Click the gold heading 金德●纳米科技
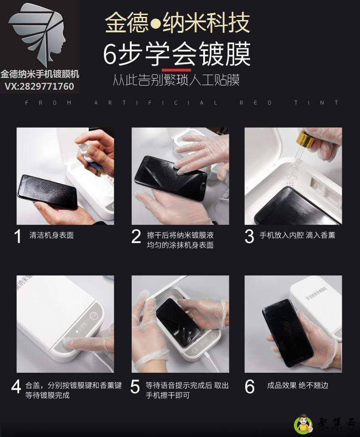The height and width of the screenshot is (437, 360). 177,23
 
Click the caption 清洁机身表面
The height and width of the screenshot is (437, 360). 51,235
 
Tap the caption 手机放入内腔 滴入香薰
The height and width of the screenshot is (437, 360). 297,235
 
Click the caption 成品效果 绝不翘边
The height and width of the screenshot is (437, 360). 297,386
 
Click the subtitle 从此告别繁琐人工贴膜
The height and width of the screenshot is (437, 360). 176,81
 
